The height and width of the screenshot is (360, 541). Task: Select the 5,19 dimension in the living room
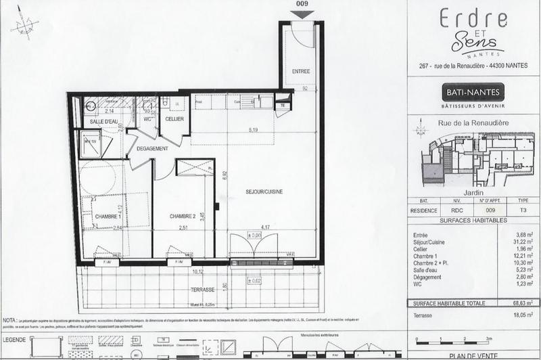coord(254,129)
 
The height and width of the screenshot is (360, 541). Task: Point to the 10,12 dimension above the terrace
coord(198,272)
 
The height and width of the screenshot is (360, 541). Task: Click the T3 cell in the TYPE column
coord(523,210)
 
